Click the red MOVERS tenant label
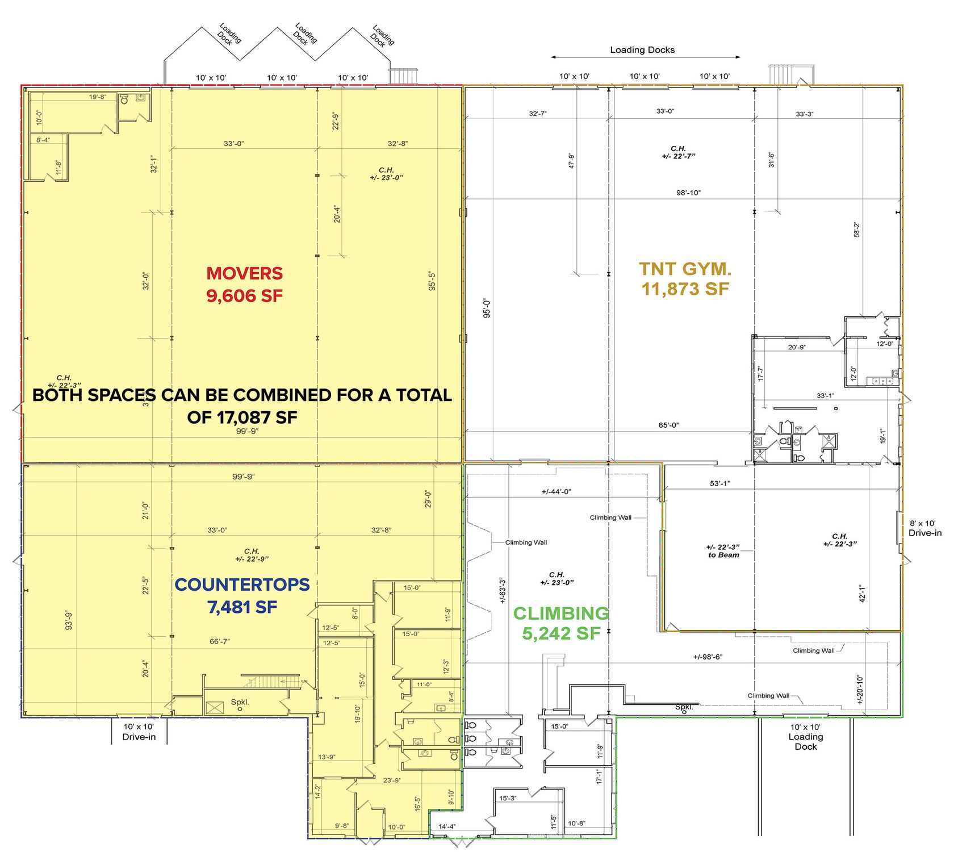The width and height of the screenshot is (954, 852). tap(244, 273)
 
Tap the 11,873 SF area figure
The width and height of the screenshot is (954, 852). tap(685, 289)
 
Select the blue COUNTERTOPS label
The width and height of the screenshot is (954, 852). tap(242, 584)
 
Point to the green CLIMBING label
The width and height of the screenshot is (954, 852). tap(561, 613)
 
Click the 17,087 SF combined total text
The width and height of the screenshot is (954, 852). tap(242, 417)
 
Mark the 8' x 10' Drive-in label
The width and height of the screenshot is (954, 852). tap(925, 528)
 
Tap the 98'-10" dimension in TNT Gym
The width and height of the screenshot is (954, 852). tap(688, 193)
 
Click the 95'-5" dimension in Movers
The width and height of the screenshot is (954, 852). tap(432, 281)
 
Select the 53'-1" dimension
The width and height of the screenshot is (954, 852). tap(719, 483)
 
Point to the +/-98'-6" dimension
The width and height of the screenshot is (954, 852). tap(708, 657)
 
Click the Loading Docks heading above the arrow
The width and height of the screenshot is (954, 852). tap(642, 50)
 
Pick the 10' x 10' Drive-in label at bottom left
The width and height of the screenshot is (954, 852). tap(139, 732)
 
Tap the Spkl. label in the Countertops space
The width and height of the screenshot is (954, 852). tap(240, 702)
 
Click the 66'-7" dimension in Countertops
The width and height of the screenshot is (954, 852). tap(219, 641)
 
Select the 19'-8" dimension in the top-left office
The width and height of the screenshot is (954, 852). tap(97, 97)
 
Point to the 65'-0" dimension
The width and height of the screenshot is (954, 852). tap(668, 425)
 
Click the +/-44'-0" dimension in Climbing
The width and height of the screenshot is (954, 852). tap(556, 491)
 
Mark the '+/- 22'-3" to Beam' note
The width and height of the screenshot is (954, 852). tap(723, 551)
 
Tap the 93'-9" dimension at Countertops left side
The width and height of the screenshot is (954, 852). tap(69, 620)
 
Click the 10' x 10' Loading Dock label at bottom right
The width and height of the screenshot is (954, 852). tap(806, 737)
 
